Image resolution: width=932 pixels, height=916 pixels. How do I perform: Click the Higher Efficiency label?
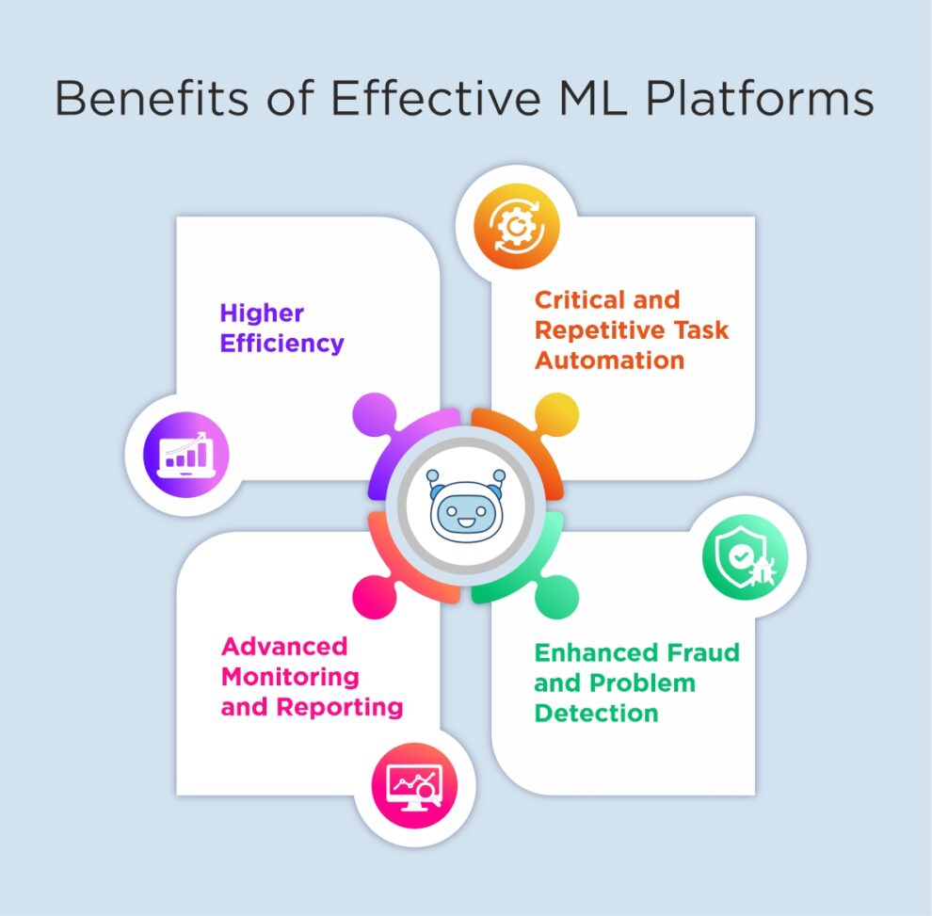tap(281, 328)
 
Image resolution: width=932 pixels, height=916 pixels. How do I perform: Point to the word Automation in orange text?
tap(609, 360)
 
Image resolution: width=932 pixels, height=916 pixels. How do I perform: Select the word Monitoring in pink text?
tap(290, 676)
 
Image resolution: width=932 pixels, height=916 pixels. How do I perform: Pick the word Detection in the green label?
tap(596, 713)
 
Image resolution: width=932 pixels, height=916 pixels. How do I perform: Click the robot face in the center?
tap(465, 505)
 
